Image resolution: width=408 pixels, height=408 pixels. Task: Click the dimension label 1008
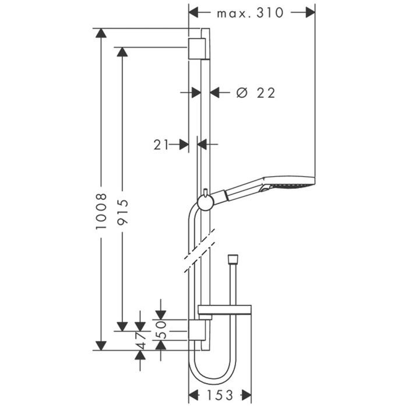tap(101, 211)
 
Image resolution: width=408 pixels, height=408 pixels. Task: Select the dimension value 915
tap(122, 212)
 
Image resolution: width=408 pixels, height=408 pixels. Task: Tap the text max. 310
tap(250, 13)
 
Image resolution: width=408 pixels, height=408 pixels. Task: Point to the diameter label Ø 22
tap(255, 93)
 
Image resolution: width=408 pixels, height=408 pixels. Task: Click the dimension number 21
tap(161, 145)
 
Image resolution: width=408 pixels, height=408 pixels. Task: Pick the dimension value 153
tap(220, 395)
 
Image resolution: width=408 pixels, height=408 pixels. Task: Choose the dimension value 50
tap(161, 329)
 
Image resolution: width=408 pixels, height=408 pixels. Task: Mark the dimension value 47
tap(141, 340)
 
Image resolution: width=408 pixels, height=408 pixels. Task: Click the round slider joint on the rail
tap(206, 202)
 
